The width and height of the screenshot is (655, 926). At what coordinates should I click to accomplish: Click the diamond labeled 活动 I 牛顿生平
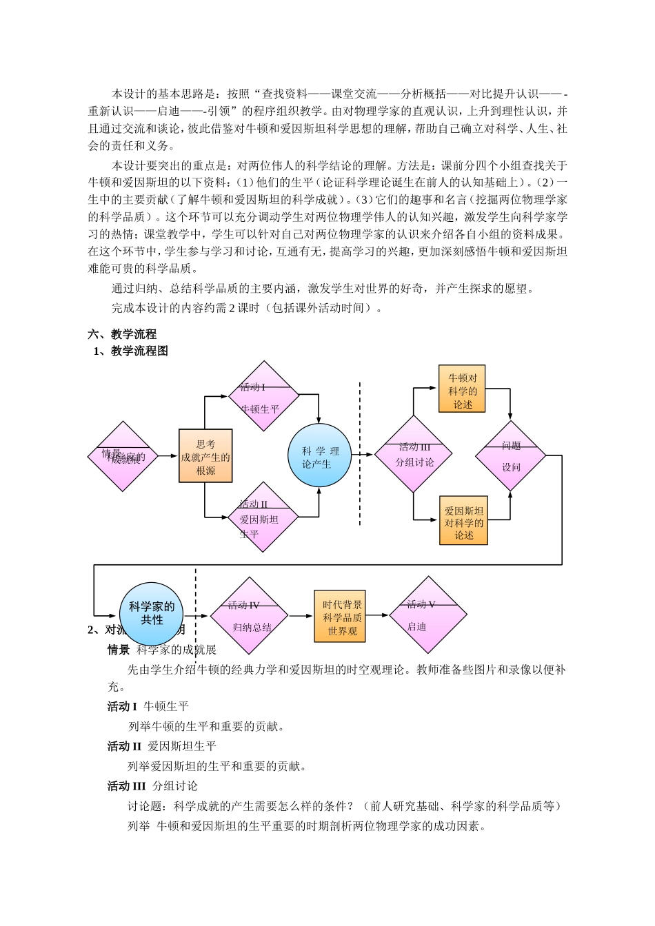[263, 396]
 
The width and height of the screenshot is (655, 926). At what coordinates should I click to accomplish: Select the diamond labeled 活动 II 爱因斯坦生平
[263, 517]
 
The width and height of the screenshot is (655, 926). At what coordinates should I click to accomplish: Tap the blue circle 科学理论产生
[319, 455]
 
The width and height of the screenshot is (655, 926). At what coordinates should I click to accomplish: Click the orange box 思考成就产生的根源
[205, 455]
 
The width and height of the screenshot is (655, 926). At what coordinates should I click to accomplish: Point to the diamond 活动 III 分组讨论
[414, 454]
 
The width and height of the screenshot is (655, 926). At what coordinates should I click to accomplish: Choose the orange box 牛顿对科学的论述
[462, 389]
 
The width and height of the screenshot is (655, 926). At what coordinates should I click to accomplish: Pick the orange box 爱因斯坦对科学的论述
[463, 521]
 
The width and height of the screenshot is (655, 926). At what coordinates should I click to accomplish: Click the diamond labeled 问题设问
[510, 455]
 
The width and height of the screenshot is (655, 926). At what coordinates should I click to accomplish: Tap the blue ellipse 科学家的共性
[152, 613]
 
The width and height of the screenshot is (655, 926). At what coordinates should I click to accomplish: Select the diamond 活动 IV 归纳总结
[249, 615]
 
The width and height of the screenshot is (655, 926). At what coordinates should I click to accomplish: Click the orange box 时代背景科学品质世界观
[340, 616]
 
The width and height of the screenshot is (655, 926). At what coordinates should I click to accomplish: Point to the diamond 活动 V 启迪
[428, 615]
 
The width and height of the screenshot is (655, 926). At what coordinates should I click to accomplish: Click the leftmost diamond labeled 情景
[123, 456]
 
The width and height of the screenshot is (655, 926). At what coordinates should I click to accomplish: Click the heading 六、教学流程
[122, 334]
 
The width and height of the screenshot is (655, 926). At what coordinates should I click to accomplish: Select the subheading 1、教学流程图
[131, 351]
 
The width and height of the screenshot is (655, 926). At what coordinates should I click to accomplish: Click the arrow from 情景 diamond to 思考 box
[168, 456]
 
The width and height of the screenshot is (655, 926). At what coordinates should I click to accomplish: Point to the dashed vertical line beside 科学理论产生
[360, 455]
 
